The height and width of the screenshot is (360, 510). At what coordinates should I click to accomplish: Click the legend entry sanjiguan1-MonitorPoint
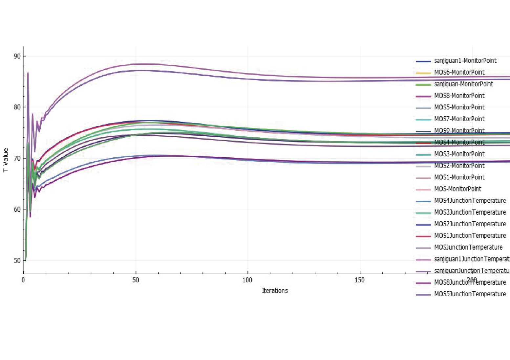465,61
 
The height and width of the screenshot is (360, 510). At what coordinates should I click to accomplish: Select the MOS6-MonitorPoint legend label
459,72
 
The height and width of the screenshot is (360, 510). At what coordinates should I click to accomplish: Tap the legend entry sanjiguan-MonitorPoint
463,84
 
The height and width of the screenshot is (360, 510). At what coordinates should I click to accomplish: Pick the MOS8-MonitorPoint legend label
459,96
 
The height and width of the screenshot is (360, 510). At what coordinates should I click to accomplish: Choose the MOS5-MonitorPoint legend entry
459,107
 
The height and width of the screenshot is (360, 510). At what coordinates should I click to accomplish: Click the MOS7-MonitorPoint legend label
459,119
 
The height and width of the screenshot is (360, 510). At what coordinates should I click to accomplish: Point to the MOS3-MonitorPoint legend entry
459,154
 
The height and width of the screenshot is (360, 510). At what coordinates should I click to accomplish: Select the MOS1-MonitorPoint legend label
459,177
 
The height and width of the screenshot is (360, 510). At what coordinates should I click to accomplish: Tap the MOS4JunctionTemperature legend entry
470,201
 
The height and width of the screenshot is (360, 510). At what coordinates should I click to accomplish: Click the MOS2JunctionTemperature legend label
470,224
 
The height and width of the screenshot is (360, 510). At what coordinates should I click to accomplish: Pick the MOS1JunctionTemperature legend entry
470,236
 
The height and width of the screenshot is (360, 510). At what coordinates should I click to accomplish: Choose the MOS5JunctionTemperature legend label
470,294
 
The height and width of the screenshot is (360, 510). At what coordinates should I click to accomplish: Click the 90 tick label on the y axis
17,56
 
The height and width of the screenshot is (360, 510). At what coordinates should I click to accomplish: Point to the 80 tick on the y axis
17,107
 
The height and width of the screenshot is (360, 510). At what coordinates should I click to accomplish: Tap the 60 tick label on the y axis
17,210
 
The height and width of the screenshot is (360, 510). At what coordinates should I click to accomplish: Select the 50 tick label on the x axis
136,280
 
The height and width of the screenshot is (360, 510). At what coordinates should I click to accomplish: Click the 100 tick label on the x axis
247,280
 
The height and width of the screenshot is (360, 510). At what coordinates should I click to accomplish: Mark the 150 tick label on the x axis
360,280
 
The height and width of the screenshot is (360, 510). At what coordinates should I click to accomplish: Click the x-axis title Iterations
275,291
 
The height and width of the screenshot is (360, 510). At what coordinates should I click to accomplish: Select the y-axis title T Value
6,160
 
